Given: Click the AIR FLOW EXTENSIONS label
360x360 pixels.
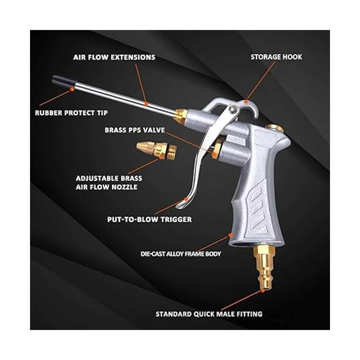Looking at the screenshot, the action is click(114, 57).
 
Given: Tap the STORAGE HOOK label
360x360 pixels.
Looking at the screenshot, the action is click(276, 57).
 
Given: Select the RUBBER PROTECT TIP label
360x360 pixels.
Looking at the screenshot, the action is click(71, 113).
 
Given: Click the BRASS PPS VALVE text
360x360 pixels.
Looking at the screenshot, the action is click(135, 130).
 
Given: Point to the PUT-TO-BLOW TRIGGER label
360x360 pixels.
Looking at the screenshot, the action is click(149, 219).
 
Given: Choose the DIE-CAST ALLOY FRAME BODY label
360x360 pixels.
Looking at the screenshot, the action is click(181, 254).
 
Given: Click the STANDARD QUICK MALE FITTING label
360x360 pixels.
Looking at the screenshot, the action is click(209, 314).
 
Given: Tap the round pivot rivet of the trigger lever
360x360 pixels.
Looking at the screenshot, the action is click(233, 108).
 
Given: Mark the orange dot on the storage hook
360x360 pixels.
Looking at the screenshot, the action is click(246, 102).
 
